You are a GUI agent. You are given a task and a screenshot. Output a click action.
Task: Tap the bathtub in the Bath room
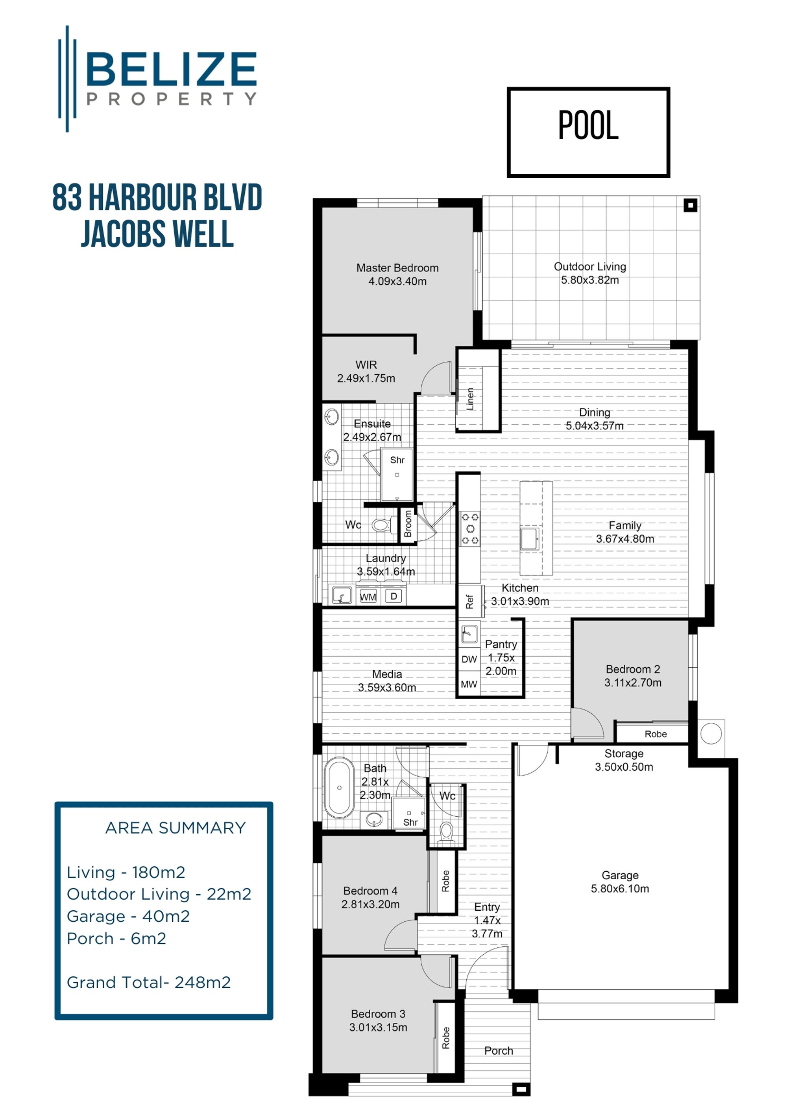click(x=339, y=788)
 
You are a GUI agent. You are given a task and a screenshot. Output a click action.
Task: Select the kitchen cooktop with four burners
click(x=469, y=528)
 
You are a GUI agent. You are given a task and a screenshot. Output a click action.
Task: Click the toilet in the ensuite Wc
click(x=383, y=525)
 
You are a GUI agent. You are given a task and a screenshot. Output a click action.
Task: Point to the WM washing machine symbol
click(x=368, y=597)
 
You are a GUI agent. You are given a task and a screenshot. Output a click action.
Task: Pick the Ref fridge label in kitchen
click(x=469, y=602)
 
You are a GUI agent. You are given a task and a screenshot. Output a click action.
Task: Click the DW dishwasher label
click(x=469, y=659)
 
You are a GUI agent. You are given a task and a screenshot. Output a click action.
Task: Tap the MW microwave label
click(x=469, y=684)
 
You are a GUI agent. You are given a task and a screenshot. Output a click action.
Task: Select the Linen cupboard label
click(x=469, y=399)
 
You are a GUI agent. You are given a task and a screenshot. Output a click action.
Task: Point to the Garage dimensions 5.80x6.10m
click(x=620, y=889)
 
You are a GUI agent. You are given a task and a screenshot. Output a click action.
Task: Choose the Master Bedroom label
click(x=397, y=268)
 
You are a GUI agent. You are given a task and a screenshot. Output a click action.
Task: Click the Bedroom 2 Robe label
click(x=655, y=734)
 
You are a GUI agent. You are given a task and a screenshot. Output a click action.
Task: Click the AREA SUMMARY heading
click(x=176, y=828)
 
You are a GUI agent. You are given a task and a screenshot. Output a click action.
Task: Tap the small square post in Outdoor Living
click(x=691, y=205)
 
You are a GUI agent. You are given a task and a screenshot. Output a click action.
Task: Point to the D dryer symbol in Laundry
click(x=393, y=596)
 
